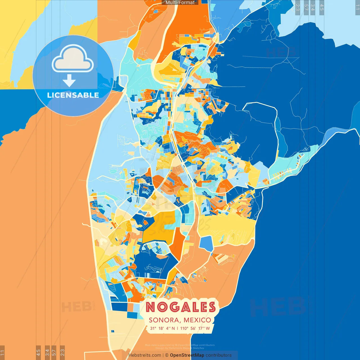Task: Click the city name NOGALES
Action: pos(181,307)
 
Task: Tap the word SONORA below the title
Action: pos(165,320)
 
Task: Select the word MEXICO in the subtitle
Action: pos(197,320)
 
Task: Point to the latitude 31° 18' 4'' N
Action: pos(162,328)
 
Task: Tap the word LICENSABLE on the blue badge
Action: pos(73,95)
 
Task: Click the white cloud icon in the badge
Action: pos(73,59)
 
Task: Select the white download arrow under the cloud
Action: pos(69,81)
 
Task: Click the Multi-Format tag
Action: pos(180,3)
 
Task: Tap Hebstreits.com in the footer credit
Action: pos(145,355)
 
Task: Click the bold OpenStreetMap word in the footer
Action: pos(187,355)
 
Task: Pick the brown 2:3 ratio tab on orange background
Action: pos(62,352)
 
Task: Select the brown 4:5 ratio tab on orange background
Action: pos(38,352)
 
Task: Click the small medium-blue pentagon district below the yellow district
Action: pos(206,244)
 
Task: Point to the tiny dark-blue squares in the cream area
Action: pos(113,331)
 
